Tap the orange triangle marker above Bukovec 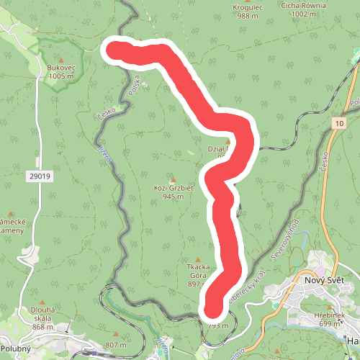pos(61,59)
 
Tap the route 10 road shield pos(338,124)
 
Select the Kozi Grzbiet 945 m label pos(174,192)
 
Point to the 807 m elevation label pos(116,344)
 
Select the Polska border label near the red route pos(134,87)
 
